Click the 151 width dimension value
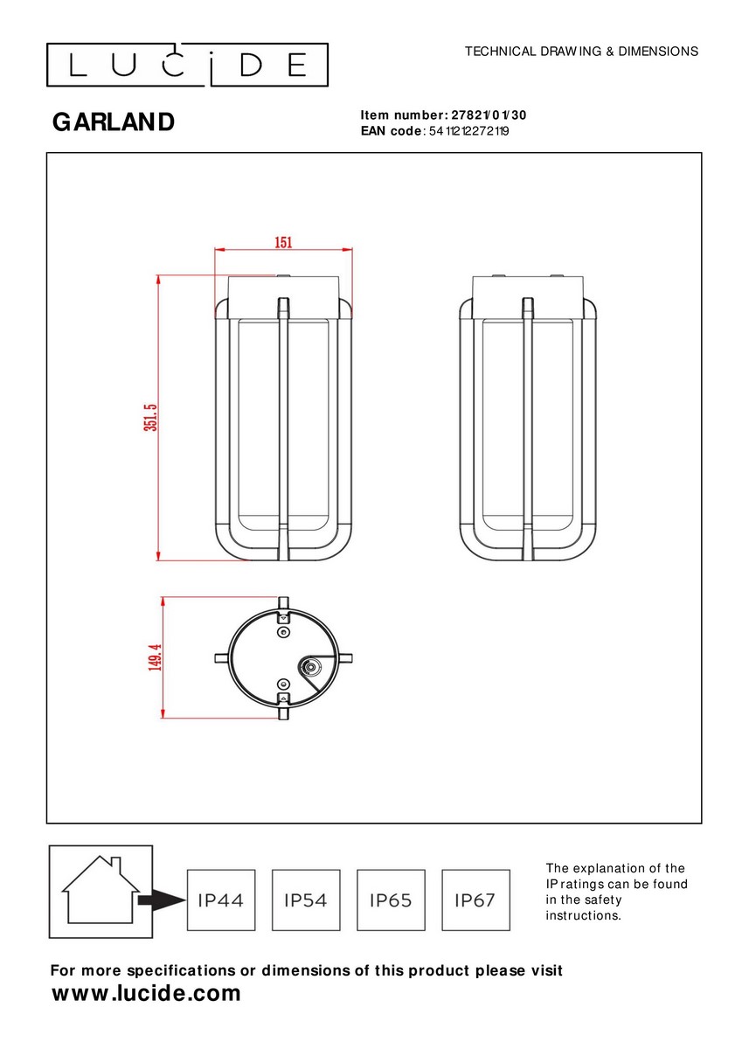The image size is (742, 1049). pos(283,243)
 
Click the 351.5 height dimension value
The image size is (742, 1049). pos(151,417)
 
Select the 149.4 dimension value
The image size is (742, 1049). pos(155,657)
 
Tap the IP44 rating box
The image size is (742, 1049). pos(221,900)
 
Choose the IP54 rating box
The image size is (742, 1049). pos(306,900)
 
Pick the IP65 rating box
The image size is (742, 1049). pos(391,900)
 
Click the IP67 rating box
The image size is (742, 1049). pos(475,900)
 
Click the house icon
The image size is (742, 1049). pos(101,890)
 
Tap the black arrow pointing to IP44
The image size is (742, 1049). pos(162,900)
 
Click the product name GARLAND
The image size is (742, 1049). pos(114,122)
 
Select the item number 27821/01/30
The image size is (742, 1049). pos(489,115)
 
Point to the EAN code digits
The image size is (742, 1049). pos(468,131)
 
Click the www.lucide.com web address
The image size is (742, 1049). pos(146,993)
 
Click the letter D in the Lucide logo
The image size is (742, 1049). pos(251,65)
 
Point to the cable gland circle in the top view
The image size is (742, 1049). pos(309,666)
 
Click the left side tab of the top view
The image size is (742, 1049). pos(222,658)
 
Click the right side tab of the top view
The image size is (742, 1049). pos(344,658)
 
